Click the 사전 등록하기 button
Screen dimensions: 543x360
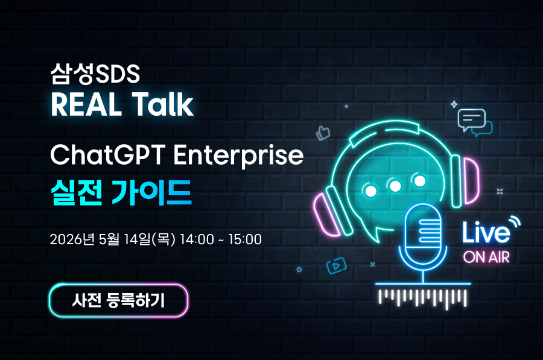119,300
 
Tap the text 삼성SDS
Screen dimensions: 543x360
95,74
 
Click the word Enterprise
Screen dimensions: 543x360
238,156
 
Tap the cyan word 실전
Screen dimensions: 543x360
77,193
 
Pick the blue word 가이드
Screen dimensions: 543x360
151,193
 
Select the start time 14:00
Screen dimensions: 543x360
197,239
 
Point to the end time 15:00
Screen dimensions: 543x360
245,239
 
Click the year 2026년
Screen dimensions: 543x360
72,239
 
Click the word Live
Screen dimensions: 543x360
486,233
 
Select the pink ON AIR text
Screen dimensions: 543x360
486,257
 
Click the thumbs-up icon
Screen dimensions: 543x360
323,133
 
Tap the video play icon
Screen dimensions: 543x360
336,266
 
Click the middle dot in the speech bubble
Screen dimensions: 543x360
395,186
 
